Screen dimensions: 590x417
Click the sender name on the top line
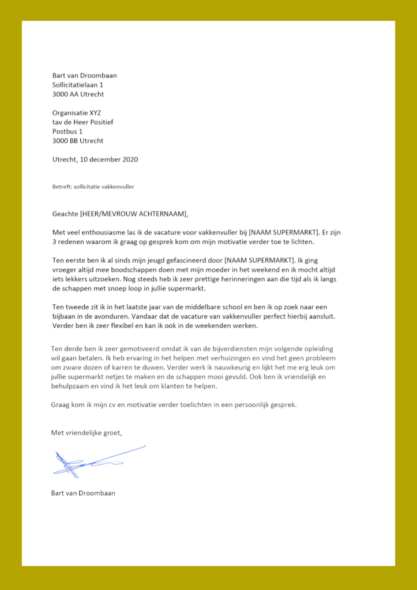coord(84,75)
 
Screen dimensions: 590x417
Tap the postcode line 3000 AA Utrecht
coord(78,94)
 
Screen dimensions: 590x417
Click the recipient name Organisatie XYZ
coord(76,113)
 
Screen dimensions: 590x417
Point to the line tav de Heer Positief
coord(82,122)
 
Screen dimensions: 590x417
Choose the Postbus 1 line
coord(67,131)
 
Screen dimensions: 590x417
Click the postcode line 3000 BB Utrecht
coord(78,141)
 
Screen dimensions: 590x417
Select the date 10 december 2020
coord(112,159)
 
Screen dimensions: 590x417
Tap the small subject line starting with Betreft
coord(92,187)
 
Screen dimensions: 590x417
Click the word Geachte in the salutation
coord(65,214)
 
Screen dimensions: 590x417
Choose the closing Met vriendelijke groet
coord(87,433)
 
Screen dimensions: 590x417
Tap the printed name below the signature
coord(83,493)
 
